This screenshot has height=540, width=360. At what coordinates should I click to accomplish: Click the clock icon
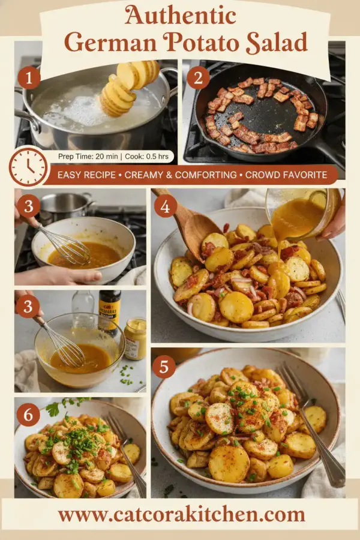click(x=28, y=166)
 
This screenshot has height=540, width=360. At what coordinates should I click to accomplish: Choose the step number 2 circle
click(x=197, y=77)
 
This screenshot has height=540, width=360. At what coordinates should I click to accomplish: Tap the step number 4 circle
click(x=166, y=205)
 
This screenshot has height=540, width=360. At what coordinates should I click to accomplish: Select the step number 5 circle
click(x=165, y=366)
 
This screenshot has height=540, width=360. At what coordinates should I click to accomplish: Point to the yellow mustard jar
click(x=135, y=338)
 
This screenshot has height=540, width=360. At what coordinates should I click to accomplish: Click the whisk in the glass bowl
click(x=63, y=345)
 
